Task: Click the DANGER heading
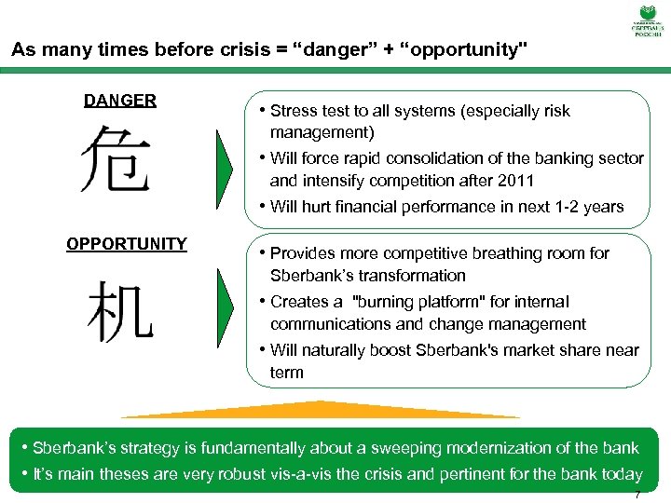coord(119,101)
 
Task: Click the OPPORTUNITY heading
coord(126,244)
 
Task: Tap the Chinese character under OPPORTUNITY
coord(119,310)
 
